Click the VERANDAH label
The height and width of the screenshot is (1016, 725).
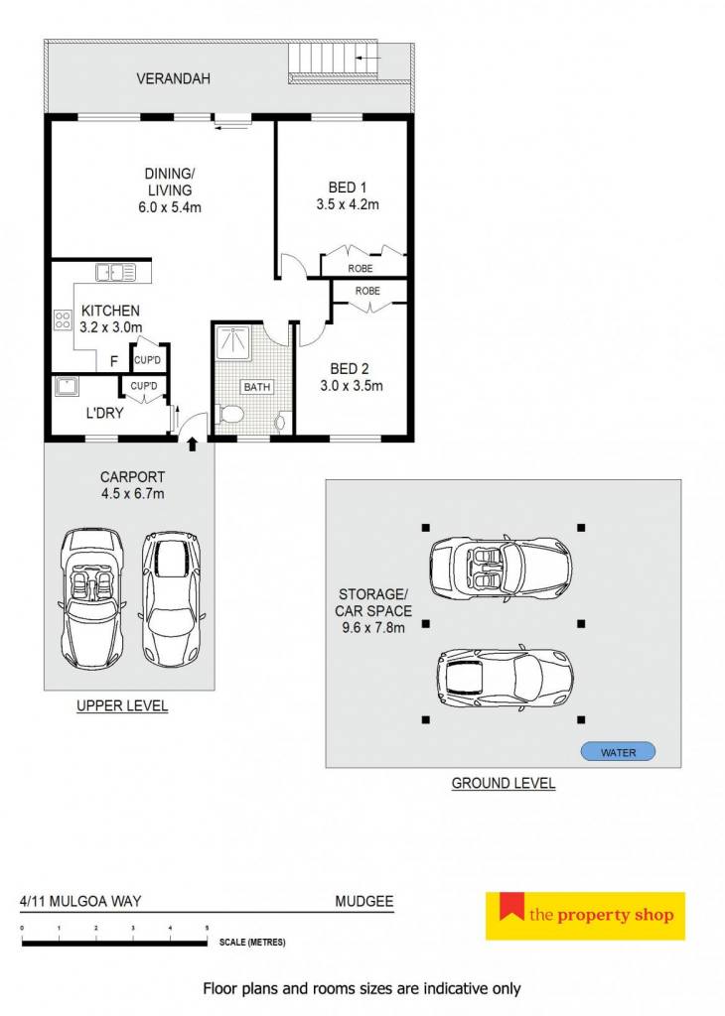tap(173, 78)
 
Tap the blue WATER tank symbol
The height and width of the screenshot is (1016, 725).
tap(618, 752)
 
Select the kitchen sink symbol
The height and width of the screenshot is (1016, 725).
tap(116, 272)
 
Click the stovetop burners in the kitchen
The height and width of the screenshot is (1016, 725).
tap(63, 320)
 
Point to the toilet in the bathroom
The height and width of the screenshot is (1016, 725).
tap(230, 414)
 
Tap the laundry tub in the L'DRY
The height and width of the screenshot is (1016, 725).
tap(66, 387)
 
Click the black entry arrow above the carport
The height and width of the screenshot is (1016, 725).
tap(192, 444)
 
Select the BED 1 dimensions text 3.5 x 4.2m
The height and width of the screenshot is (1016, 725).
tap(348, 204)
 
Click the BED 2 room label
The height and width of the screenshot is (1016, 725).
tap(350, 369)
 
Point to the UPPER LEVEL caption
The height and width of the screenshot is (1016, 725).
tap(122, 705)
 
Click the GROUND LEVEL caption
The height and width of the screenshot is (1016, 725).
tap(504, 783)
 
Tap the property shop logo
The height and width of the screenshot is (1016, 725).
tap(585, 916)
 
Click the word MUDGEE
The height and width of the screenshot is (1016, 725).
tap(364, 901)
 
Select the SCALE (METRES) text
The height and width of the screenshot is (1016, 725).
tap(252, 943)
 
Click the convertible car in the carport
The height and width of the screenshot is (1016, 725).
tap(92, 599)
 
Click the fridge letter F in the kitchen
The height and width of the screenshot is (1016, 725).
tap(114, 361)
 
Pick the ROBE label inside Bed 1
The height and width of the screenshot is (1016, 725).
tap(361, 268)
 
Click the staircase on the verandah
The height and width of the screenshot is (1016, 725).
tap(334, 63)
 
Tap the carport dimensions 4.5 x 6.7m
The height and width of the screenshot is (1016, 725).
tap(132, 494)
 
